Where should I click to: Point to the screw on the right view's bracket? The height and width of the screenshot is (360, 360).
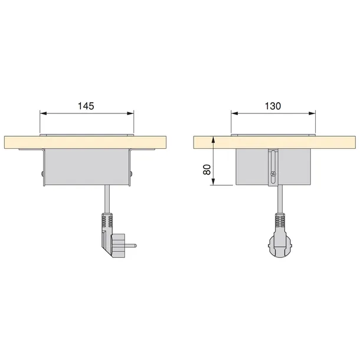[x=272, y=174]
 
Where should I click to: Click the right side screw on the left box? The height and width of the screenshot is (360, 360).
[x=131, y=174]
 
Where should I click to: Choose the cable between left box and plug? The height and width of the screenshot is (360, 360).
[x=106, y=201]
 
